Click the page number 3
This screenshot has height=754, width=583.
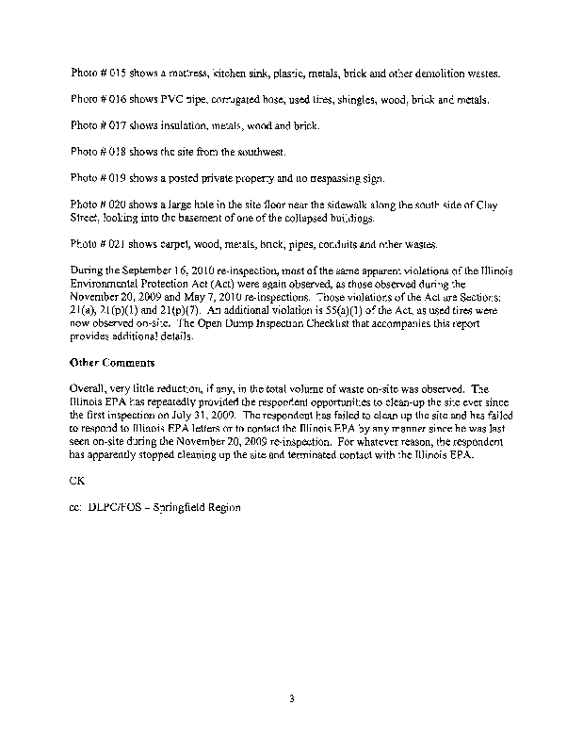(x=292, y=698)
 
